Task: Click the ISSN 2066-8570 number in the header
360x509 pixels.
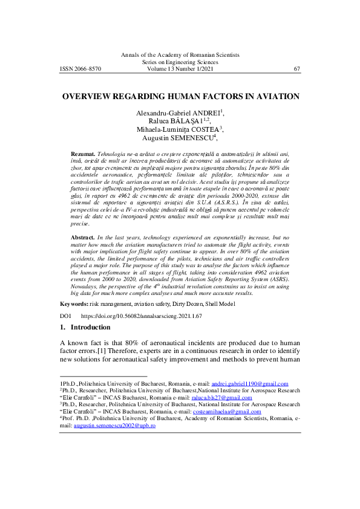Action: (80, 69)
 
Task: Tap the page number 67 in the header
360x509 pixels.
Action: (297, 69)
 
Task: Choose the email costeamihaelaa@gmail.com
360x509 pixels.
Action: (235, 412)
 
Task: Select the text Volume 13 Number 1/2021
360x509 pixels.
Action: (180, 69)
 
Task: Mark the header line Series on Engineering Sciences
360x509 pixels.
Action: (180, 62)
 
